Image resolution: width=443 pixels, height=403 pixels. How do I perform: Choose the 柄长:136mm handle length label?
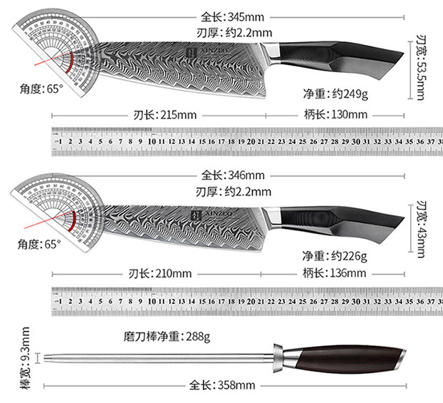coord(338,273)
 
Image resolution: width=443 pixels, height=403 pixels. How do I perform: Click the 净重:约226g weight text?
coord(334,255)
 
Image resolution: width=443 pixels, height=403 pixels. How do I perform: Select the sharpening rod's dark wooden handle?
coord(346,357)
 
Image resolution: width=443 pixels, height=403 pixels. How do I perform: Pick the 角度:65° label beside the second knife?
coord(41,244)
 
